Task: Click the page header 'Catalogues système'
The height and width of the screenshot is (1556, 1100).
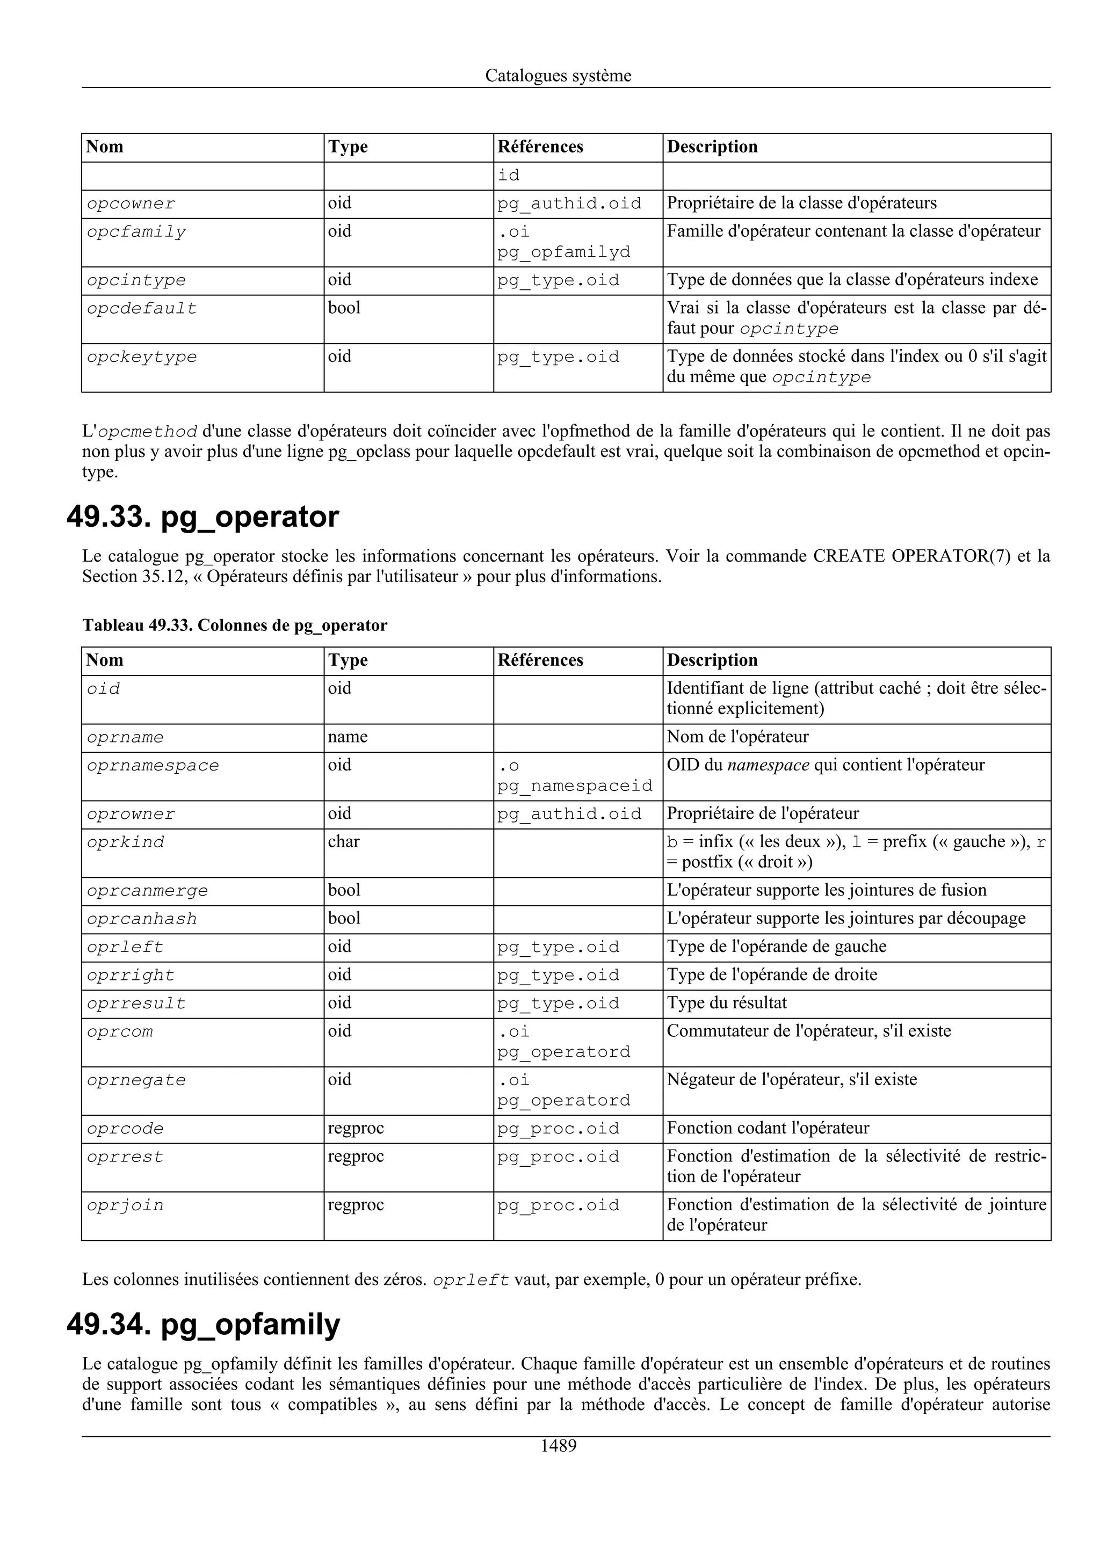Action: point(558,76)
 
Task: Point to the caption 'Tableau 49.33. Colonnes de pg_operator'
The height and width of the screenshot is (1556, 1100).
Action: point(235,625)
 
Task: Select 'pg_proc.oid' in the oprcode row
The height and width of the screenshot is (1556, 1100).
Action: point(558,1129)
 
